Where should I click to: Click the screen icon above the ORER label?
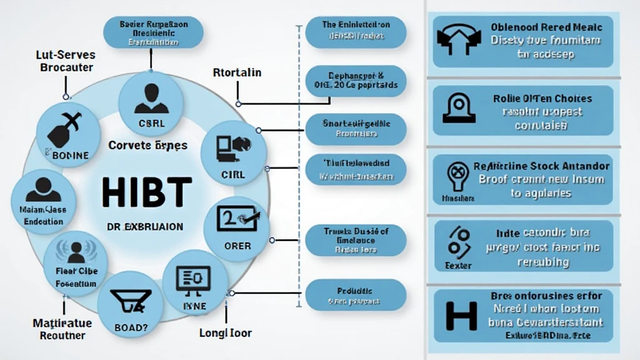(236, 220)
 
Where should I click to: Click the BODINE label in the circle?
(71, 155)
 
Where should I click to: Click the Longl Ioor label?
(224, 332)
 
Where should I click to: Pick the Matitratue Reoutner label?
(62, 329)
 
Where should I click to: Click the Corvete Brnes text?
(147, 145)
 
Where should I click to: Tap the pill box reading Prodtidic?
(356, 296)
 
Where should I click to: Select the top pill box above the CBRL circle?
(154, 33)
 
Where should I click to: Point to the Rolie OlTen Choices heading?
(542, 98)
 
